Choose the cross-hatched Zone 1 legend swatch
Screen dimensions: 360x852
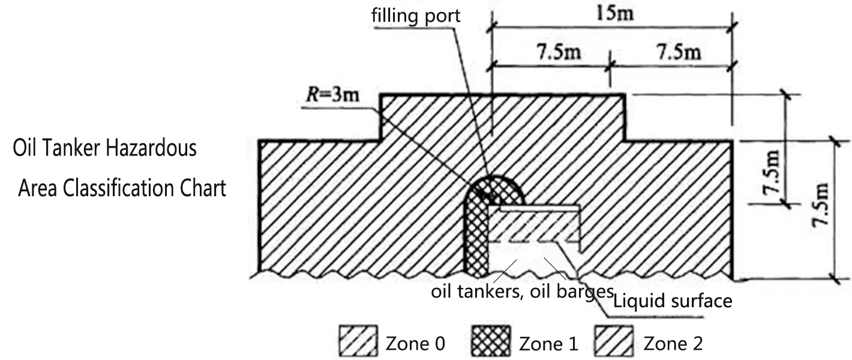[x=492, y=344]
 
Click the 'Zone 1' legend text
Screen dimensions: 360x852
[x=548, y=344]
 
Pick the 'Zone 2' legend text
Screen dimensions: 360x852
[x=673, y=344]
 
